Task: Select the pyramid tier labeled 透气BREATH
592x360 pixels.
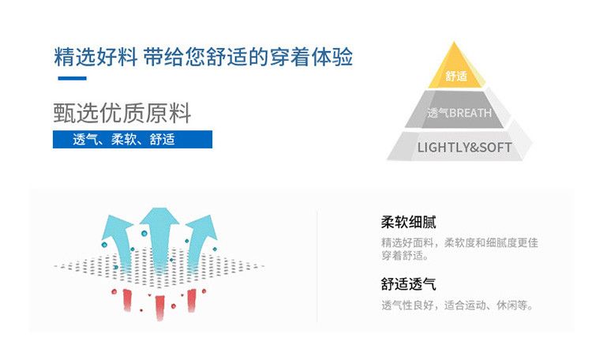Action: pos(459,113)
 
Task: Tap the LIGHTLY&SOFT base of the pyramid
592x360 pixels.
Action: pos(463,148)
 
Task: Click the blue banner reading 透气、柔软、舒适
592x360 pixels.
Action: pos(133,140)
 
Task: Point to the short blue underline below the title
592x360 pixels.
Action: pos(72,78)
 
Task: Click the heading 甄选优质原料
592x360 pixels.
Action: pos(122,113)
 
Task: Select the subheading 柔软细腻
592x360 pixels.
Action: pos(408,222)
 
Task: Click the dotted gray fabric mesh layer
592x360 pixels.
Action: pos(158,271)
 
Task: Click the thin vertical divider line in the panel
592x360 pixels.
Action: pos(317,265)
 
